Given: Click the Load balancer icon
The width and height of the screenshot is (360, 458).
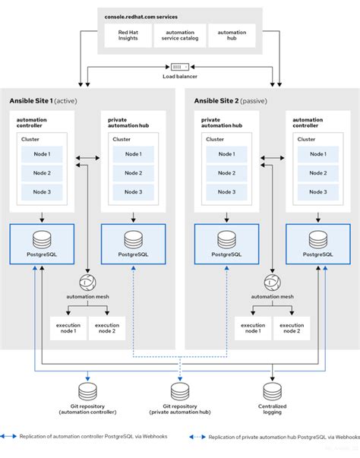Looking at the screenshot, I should [x=180, y=66].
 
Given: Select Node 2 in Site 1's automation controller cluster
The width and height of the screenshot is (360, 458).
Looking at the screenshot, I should [x=43, y=172].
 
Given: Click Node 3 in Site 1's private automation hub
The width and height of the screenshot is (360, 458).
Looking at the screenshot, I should [x=133, y=191].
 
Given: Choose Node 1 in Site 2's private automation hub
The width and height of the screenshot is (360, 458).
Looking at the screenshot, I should [x=226, y=154].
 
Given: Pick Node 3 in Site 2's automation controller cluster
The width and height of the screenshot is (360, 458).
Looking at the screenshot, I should [x=317, y=191].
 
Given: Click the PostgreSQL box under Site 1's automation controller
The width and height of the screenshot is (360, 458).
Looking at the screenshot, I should [x=41, y=244].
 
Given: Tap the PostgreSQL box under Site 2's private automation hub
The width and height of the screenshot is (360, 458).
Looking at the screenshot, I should [x=226, y=244].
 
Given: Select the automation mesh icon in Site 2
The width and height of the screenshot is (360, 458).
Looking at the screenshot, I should [x=271, y=283].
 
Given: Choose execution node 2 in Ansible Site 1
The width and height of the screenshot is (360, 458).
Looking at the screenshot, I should [x=107, y=328].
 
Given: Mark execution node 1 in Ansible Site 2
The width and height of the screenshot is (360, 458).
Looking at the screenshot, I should [x=253, y=328].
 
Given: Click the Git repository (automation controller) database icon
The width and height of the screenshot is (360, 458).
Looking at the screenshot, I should [x=87, y=391].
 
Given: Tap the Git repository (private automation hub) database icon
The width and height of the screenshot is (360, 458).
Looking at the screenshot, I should [x=180, y=391].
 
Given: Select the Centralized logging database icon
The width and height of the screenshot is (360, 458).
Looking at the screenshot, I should [x=272, y=391].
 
